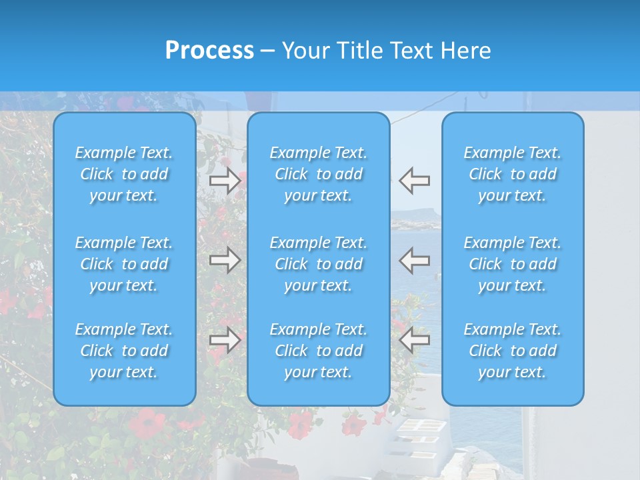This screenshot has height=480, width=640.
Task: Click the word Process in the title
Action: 209,51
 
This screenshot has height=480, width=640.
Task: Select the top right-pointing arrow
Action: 225,181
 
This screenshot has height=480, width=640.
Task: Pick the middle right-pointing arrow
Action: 225,260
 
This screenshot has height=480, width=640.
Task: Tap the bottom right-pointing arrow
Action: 225,340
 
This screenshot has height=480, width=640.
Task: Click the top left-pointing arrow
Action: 414,181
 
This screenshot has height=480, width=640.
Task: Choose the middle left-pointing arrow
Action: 414,260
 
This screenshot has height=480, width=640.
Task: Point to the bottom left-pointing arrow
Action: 414,340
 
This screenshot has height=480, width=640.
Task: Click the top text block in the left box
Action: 124,174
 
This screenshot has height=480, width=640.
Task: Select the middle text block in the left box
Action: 124,264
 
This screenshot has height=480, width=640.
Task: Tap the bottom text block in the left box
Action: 124,351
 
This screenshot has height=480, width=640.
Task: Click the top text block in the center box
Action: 318,174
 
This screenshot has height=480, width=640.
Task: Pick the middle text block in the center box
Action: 318,264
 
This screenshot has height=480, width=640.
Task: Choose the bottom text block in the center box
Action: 318,351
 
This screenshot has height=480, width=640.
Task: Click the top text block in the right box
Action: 512,174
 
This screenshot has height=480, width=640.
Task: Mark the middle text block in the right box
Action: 512,264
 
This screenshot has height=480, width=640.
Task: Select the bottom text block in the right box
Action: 512,351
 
